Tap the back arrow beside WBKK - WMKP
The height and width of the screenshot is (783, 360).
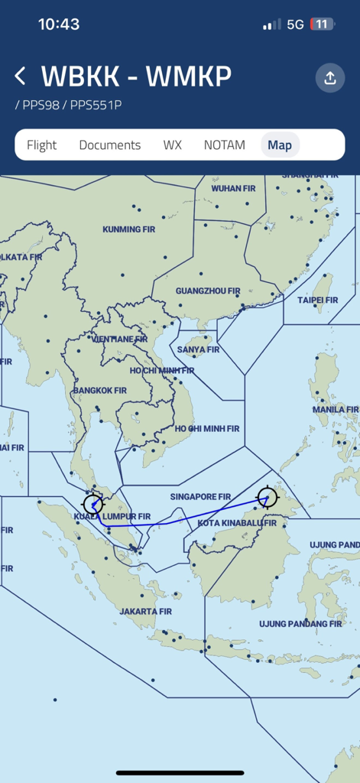(21, 76)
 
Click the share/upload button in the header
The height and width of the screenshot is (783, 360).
(330, 78)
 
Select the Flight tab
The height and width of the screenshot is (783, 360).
(42, 145)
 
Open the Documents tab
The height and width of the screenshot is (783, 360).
(110, 145)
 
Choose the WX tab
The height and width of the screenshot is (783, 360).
(172, 145)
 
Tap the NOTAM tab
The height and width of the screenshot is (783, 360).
(225, 145)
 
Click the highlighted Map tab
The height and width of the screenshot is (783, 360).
(280, 145)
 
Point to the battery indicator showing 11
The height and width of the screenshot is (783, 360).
(321, 24)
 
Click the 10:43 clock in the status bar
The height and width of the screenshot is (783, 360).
(59, 24)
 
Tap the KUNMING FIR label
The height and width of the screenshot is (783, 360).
(134, 229)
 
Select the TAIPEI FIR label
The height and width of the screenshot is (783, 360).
(318, 301)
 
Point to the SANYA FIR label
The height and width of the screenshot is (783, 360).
(198, 349)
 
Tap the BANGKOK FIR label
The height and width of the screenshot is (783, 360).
(99, 391)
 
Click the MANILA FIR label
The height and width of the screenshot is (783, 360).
(335, 410)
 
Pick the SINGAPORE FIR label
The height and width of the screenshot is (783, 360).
(200, 497)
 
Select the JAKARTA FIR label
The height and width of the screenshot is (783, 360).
(145, 612)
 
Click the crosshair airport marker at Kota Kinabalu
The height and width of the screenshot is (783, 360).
(267, 497)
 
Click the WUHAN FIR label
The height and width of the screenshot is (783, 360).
(232, 188)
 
